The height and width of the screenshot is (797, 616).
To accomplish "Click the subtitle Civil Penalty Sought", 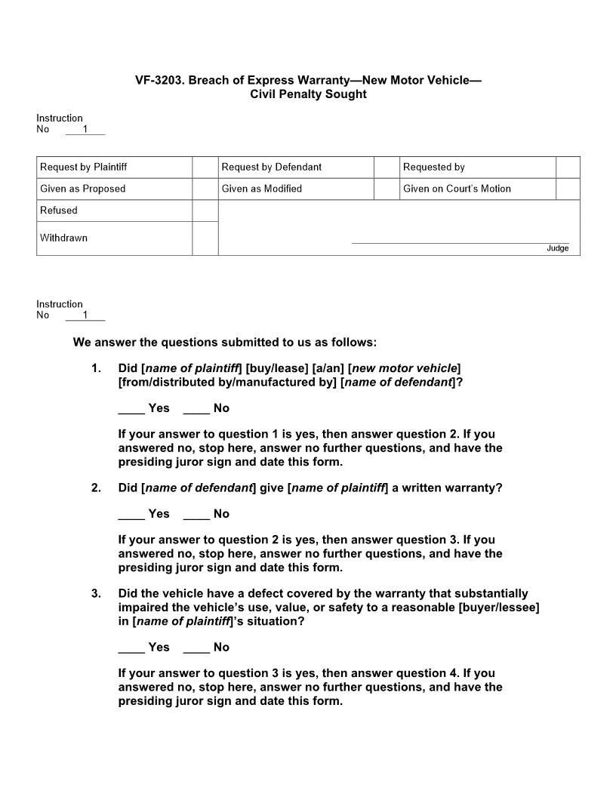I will click(308, 94).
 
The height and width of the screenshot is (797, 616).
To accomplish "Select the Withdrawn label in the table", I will click(64, 238).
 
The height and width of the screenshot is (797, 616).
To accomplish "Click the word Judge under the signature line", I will click(558, 248).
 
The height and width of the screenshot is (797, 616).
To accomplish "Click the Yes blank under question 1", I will click(131, 408).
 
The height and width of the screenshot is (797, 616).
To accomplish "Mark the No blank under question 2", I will click(196, 514).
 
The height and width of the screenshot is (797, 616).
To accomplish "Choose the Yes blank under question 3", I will click(131, 648).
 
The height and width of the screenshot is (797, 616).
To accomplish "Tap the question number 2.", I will click(96, 488).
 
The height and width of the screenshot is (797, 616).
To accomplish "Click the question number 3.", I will click(96, 593).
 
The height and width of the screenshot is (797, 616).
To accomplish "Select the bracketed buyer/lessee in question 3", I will click(498, 608).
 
